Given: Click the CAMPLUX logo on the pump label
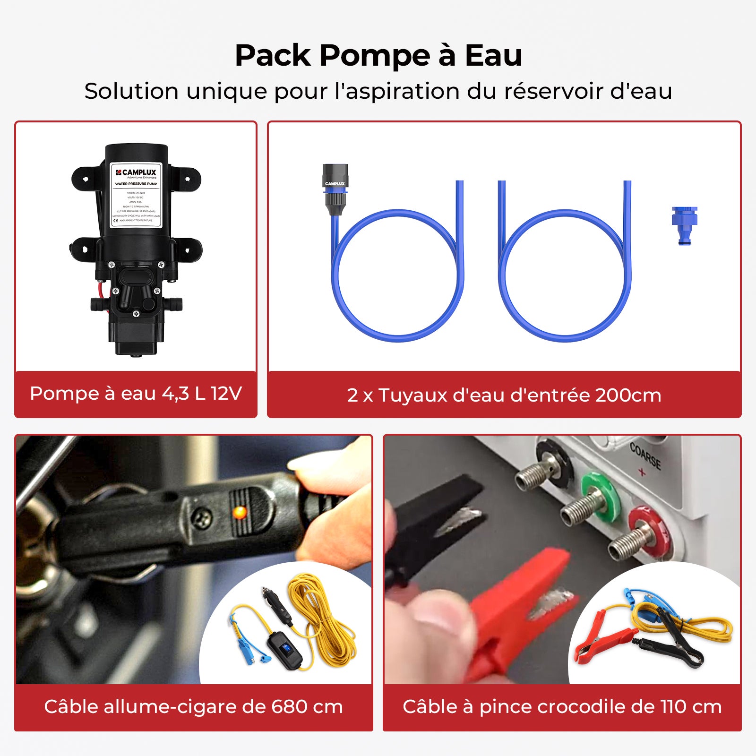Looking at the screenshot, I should coord(136,172).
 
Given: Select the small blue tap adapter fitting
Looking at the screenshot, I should coord(684,225).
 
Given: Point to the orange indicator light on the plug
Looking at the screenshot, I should coord(240,512).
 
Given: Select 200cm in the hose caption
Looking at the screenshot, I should coord(628,395).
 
